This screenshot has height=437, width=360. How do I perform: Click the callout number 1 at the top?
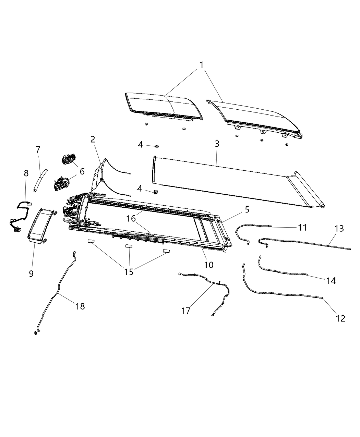(202, 65)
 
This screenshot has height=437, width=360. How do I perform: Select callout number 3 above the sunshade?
(217, 144)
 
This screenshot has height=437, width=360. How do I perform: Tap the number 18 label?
(80, 306)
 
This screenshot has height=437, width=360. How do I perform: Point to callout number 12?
(340, 318)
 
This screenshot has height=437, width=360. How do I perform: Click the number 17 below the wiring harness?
(186, 311)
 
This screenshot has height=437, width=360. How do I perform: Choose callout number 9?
(31, 274)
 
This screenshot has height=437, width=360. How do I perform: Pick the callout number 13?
(339, 229)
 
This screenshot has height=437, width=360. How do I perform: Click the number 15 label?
(129, 272)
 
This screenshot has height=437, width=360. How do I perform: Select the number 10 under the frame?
(209, 265)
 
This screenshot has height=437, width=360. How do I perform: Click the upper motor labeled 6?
(68, 160)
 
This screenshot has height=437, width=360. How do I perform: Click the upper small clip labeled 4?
(157, 146)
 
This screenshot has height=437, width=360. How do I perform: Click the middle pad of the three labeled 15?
(128, 246)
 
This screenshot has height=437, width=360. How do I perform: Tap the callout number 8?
(26, 173)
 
